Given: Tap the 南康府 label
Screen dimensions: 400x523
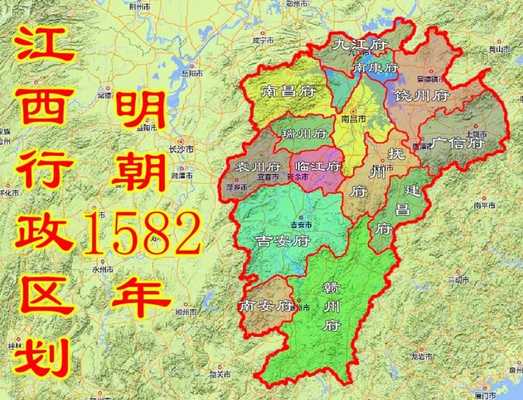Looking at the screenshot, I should tap(375, 68).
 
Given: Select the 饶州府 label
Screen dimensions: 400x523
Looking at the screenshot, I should tap(422, 96).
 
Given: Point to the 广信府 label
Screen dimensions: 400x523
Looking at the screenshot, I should tap(458, 144).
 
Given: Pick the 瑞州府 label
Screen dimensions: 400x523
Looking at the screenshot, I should tap(304, 133).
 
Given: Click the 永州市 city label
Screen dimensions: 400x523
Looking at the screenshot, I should tap(102, 269).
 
